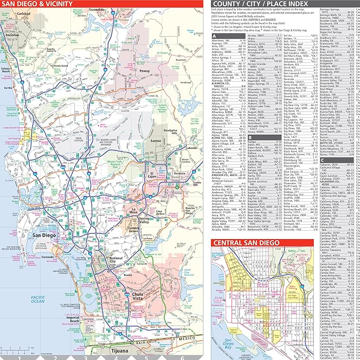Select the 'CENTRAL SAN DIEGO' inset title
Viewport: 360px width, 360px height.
[249, 243]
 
